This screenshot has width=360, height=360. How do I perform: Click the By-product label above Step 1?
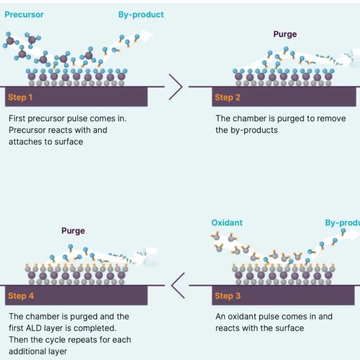pos(141,15)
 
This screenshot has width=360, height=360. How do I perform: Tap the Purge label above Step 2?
pos(285,34)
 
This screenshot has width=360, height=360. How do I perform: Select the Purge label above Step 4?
pos(73,231)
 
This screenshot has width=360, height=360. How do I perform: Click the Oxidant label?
pos(227,223)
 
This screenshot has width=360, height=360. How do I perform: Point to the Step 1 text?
pos(20,97)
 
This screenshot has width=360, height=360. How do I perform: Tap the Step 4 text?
pos(21,296)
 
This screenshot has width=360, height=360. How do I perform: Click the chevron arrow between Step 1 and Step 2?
pos(175,87)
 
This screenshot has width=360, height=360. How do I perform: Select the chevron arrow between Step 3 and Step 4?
pos(178,285)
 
